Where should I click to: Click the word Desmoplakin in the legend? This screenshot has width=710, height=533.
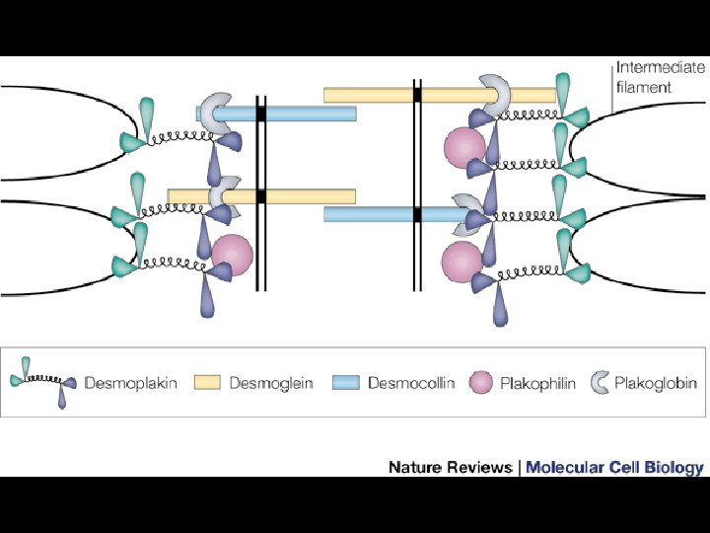(x=131, y=383)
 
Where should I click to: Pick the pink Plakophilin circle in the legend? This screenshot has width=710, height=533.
(x=482, y=382)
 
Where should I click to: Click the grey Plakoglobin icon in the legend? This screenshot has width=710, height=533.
(x=599, y=381)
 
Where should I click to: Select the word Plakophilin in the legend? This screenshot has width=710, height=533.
(x=537, y=383)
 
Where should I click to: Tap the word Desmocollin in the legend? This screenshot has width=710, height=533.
(x=411, y=383)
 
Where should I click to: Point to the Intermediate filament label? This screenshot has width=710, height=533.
(x=660, y=77)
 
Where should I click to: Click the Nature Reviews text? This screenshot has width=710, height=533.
(x=450, y=467)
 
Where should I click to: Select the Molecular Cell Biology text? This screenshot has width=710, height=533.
(x=614, y=467)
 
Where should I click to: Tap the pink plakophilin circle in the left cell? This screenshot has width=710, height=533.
(x=233, y=255)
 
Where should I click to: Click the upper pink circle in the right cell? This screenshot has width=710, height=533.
(x=464, y=148)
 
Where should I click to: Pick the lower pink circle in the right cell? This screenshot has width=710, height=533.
(x=461, y=262)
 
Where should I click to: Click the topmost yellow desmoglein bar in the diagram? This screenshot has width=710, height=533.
(x=439, y=95)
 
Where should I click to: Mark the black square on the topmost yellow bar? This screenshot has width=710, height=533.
(x=417, y=95)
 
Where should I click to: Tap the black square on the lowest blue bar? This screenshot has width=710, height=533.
(x=417, y=214)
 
